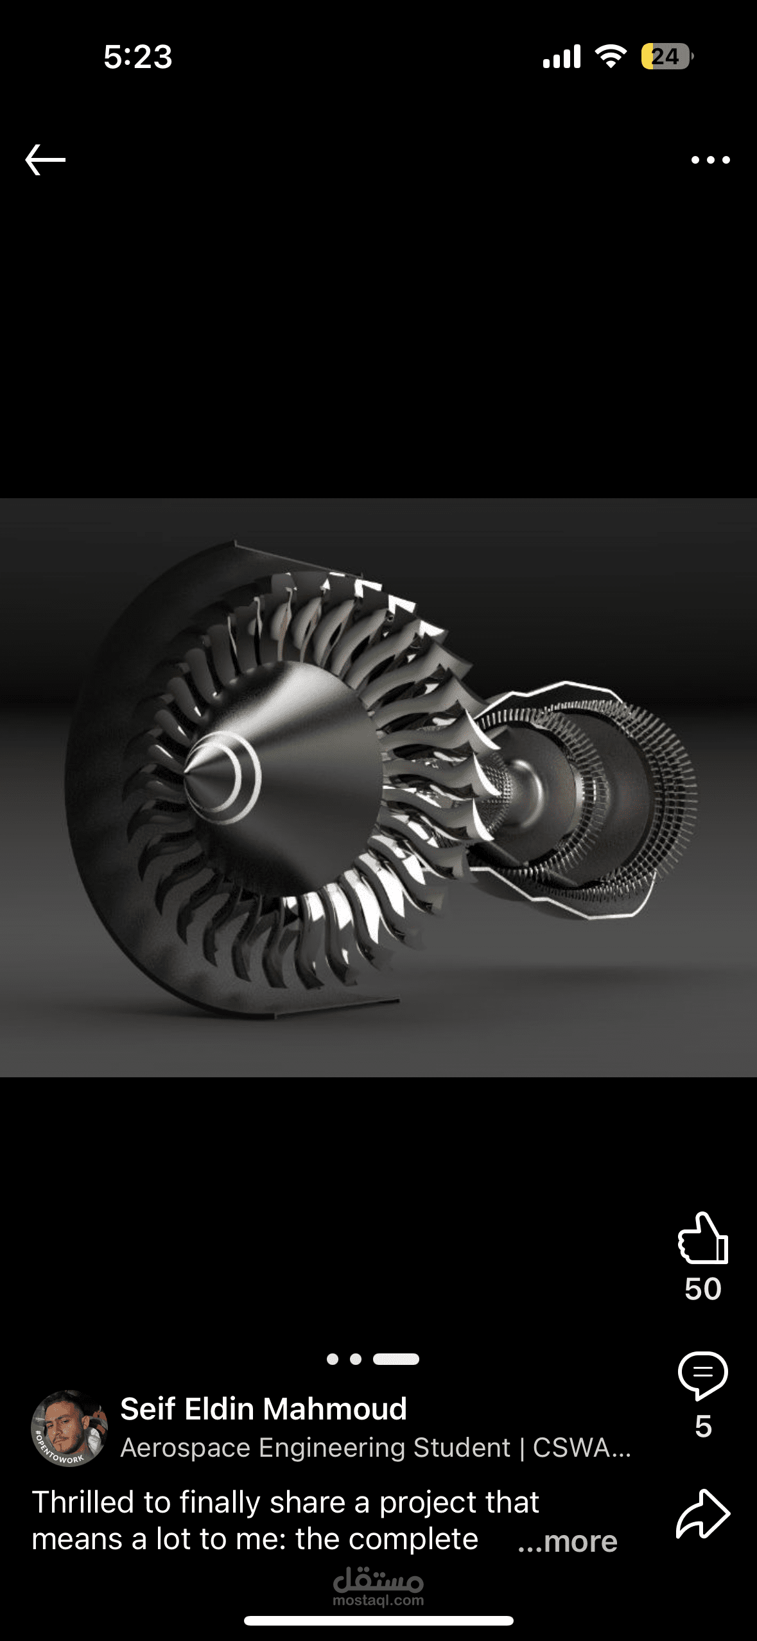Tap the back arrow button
[45, 160]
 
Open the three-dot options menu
[710, 160]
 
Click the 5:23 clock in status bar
[137, 56]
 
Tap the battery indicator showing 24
[666, 56]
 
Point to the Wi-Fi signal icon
[611, 56]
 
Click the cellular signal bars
[562, 56]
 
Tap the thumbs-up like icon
[703, 1238]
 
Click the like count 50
[703, 1289]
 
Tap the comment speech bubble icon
[703, 1375]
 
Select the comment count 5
[703, 1427]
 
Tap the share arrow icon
[703, 1514]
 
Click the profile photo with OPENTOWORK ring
[69, 1428]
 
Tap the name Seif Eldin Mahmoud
[263, 1409]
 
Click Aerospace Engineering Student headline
[376, 1448]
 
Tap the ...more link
[568, 1541]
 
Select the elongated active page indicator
[396, 1359]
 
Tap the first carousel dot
[333, 1359]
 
